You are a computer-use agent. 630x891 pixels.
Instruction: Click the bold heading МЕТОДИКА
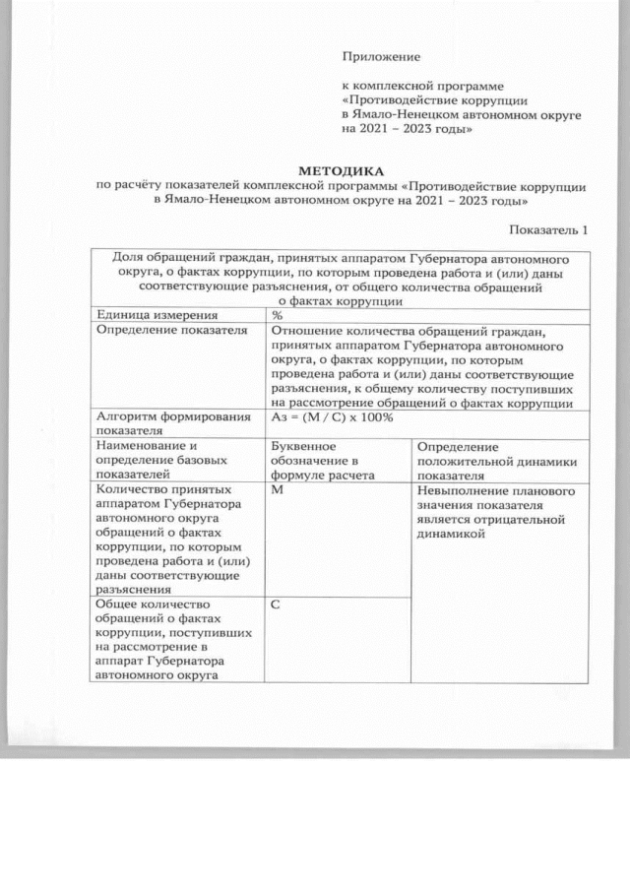[341, 170]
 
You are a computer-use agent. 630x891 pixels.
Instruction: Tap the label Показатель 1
[548, 229]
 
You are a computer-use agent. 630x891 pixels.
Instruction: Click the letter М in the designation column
[276, 488]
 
